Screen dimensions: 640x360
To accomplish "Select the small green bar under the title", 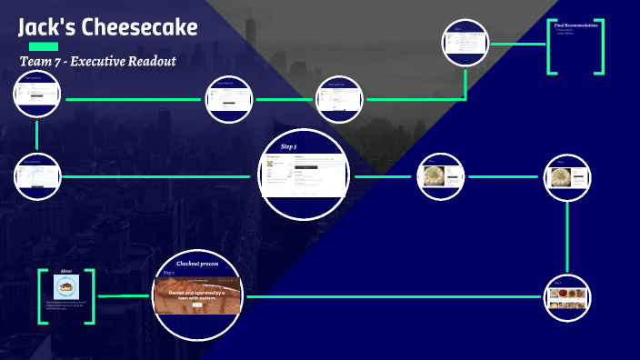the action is pyautogui.click(x=44, y=45).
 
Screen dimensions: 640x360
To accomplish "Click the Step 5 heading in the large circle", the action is pyautogui.click(x=288, y=145).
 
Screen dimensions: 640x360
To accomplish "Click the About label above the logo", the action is pyautogui.click(x=66, y=271).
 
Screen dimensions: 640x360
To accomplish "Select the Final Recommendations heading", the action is pyautogui.click(x=577, y=25).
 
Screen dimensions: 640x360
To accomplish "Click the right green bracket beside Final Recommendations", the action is pyautogui.click(x=598, y=46).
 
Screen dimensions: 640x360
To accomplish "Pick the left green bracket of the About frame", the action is pyautogui.click(x=42, y=296).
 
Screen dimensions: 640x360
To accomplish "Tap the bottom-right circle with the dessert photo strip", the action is pyautogui.click(x=569, y=296).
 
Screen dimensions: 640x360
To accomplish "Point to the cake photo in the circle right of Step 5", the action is pyautogui.click(x=442, y=177).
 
